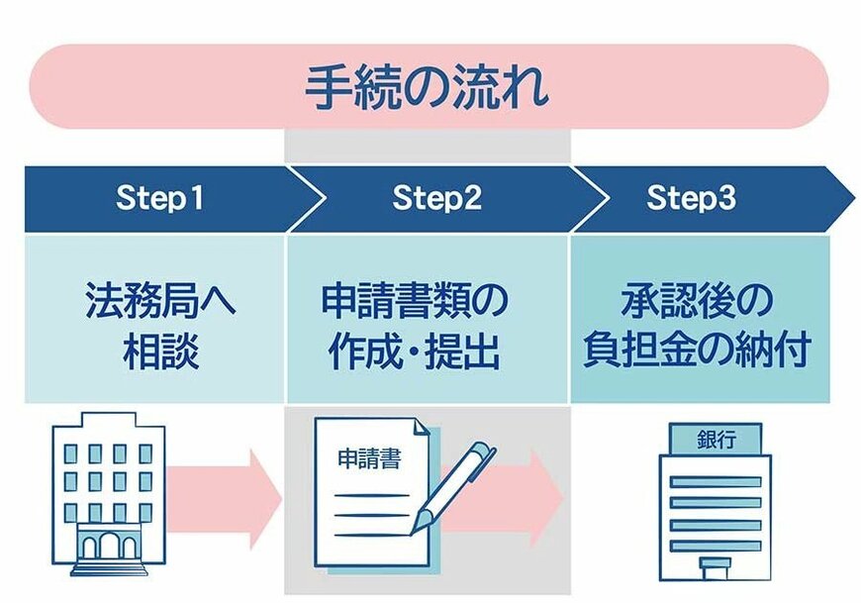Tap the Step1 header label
click(159, 198)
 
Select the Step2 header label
click(436, 198)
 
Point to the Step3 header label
click(692, 198)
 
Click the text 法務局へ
click(160, 300)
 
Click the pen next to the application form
click(454, 486)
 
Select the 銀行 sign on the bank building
click(715, 438)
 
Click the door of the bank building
click(716, 567)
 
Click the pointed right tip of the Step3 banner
click(848, 198)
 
